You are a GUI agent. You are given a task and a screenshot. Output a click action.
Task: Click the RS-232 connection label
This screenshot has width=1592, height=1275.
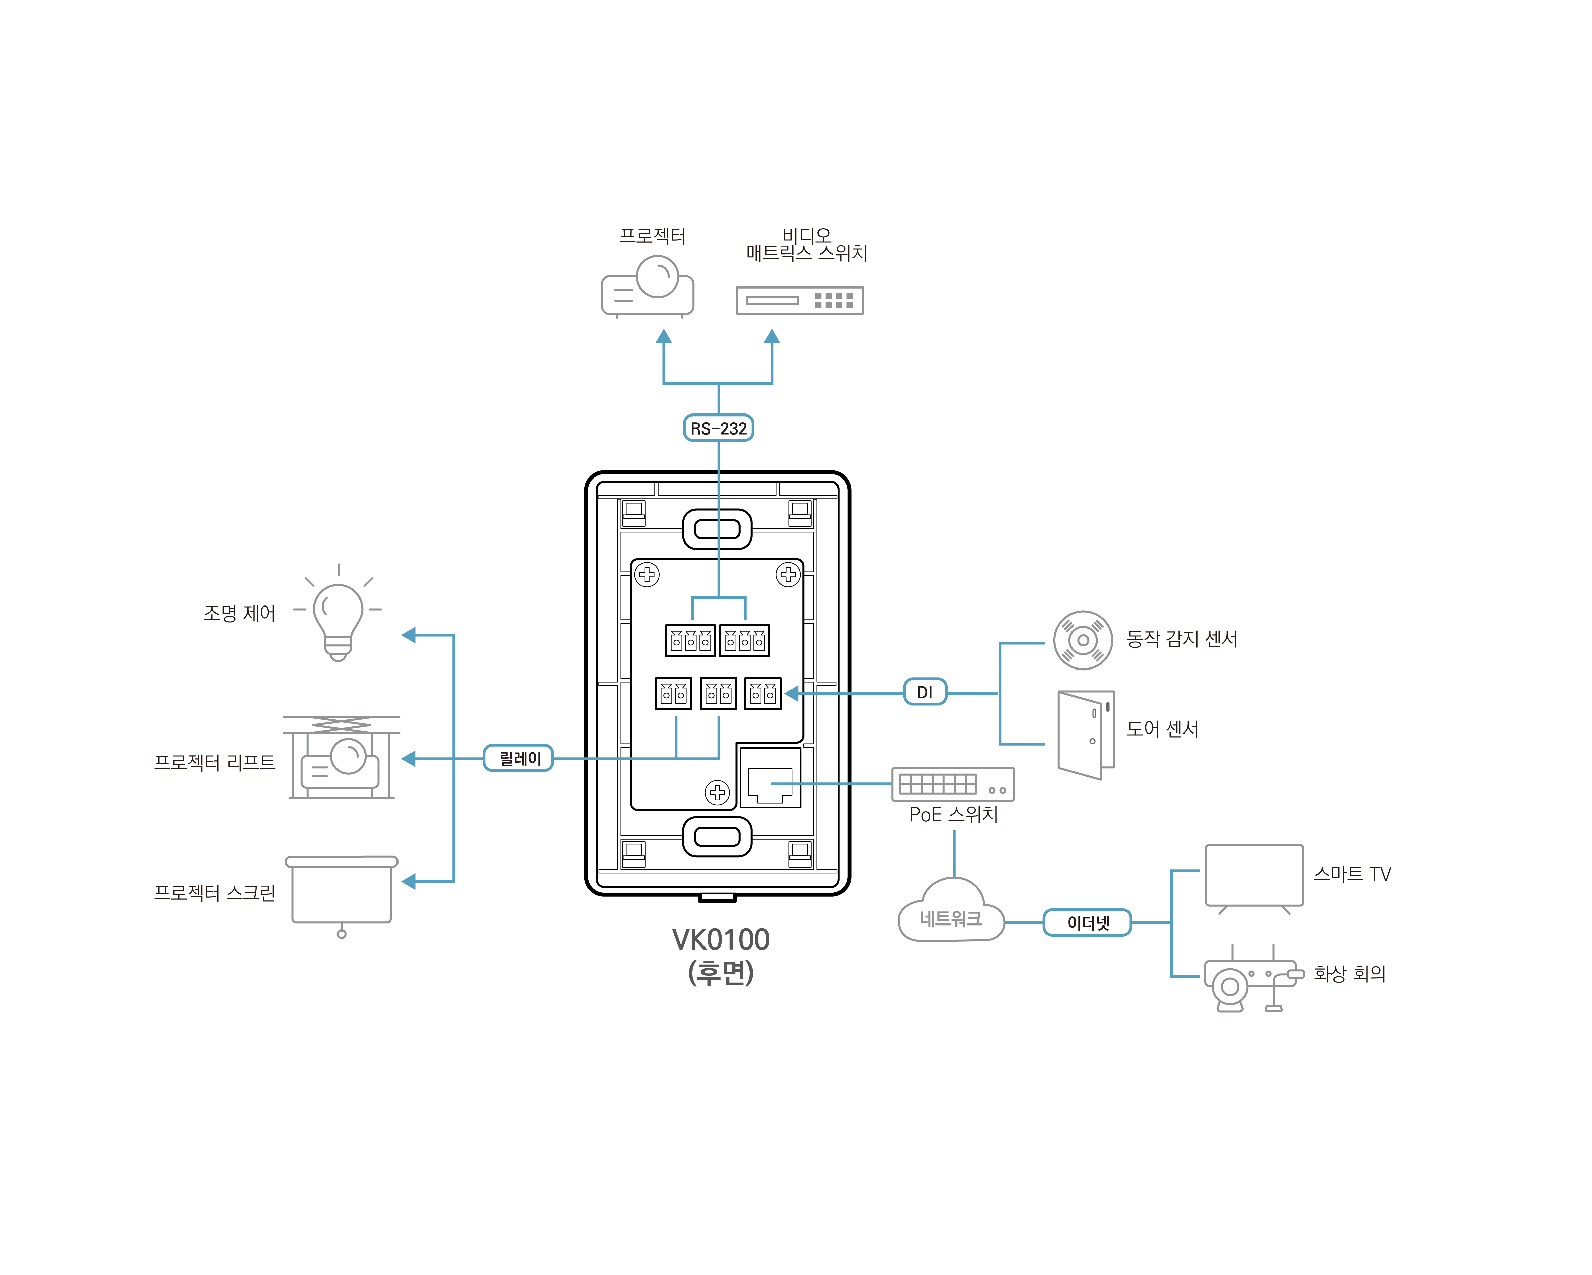click(x=718, y=428)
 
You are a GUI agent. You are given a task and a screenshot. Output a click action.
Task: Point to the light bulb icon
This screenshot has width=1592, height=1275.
click(x=338, y=617)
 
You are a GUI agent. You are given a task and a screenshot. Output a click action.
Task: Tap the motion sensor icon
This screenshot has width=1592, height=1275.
click(x=1083, y=640)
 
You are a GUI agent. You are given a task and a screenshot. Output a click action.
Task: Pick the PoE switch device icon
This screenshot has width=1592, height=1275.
click(x=953, y=784)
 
